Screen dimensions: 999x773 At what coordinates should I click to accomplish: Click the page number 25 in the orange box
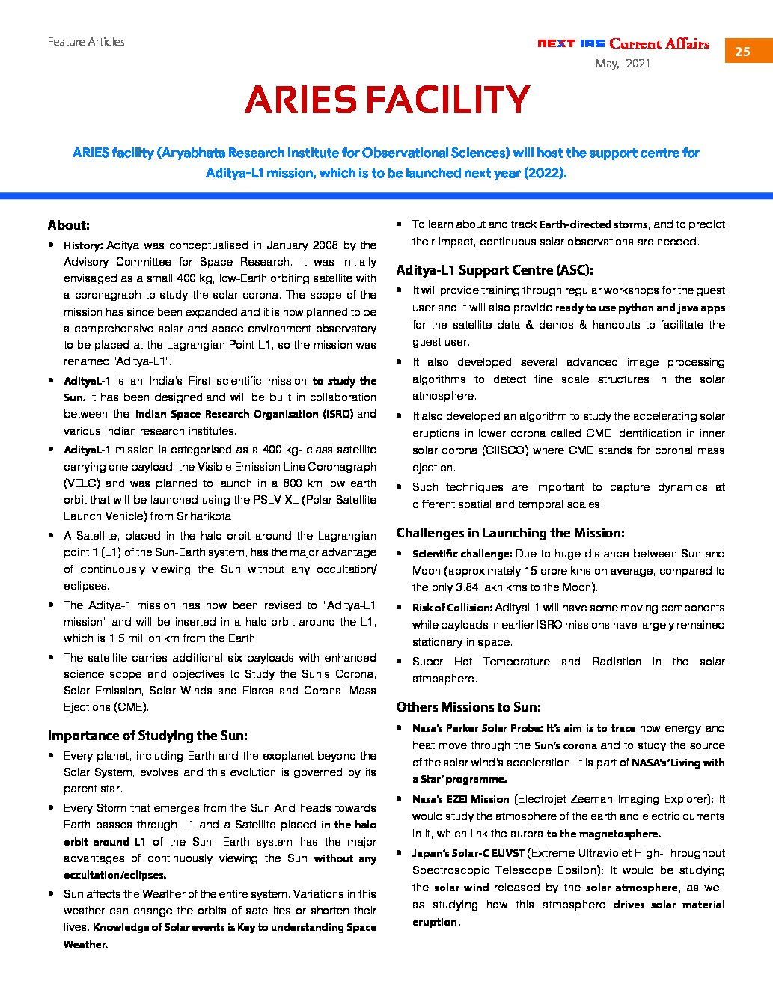(x=742, y=51)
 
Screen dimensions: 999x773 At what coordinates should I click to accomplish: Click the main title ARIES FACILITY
(x=387, y=100)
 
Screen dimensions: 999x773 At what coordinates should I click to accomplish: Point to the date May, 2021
(x=623, y=64)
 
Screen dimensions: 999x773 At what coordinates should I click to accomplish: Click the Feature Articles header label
(x=86, y=42)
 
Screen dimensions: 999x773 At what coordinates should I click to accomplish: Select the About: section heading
(x=69, y=225)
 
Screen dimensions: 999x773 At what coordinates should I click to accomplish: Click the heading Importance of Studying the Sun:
(x=147, y=736)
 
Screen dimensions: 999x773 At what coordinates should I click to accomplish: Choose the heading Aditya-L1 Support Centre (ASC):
(x=494, y=270)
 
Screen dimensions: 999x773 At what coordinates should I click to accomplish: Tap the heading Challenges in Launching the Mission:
(x=510, y=533)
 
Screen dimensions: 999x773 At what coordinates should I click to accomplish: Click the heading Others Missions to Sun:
(x=468, y=707)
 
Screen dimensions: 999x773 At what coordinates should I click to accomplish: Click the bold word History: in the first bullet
(x=83, y=245)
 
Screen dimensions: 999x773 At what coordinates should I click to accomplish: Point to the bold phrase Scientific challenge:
(x=462, y=554)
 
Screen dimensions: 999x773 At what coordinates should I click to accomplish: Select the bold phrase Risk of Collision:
(x=452, y=608)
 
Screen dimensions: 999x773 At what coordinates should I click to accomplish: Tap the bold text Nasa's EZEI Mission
(x=460, y=799)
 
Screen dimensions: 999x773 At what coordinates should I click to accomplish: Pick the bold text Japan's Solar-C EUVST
(x=468, y=853)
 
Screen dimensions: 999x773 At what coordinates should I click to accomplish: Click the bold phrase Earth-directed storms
(x=593, y=224)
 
